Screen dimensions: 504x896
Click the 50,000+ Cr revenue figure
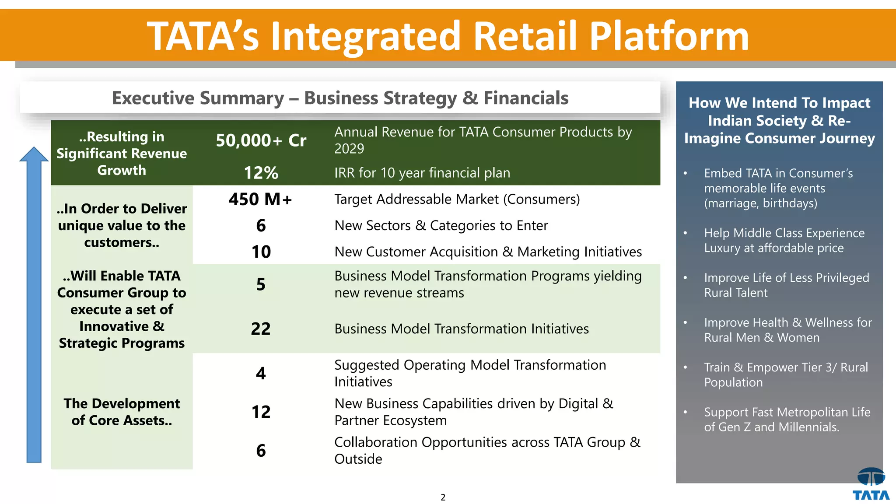pyautogui.click(x=261, y=141)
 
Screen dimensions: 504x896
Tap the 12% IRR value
pyautogui.click(x=261, y=173)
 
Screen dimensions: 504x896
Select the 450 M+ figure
pyautogui.click(x=260, y=199)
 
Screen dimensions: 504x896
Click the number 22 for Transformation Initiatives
pyautogui.click(x=261, y=329)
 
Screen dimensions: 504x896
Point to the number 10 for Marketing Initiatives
pyautogui.click(x=261, y=252)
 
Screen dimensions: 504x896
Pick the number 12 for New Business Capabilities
pyautogui.click(x=261, y=412)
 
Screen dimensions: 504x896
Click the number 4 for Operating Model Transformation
pyautogui.click(x=261, y=374)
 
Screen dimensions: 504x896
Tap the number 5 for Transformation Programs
pyautogui.click(x=261, y=285)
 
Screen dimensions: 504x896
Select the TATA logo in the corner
pyautogui.click(x=871, y=484)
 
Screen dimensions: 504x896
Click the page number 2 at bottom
pyautogui.click(x=443, y=497)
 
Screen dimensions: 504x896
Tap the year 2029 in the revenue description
pyautogui.click(x=349, y=149)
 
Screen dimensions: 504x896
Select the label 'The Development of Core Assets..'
pyautogui.click(x=122, y=412)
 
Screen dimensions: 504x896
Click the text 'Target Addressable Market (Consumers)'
pyautogui.click(x=457, y=199)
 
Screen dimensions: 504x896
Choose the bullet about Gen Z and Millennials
pyautogui.click(x=787, y=420)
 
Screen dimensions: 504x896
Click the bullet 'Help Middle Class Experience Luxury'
pyautogui.click(x=784, y=241)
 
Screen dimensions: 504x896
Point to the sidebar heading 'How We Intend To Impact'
pyautogui.click(x=779, y=103)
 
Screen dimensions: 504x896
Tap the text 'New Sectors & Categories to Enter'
pyautogui.click(x=441, y=226)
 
